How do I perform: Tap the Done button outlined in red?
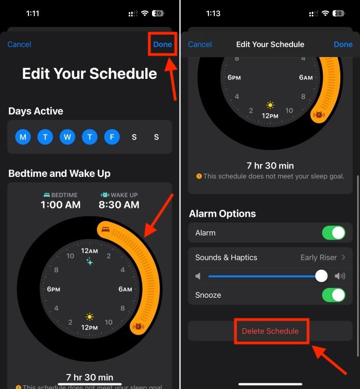[162, 44]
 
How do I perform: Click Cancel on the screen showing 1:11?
[19, 44]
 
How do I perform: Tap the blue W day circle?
[67, 137]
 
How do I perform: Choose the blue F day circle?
[112, 137]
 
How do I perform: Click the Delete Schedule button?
[270, 331]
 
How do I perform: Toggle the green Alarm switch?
[333, 233]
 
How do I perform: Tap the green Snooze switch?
[333, 295]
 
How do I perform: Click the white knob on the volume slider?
[322, 276]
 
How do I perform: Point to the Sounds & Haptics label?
[226, 257]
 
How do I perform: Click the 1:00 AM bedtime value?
[61, 205]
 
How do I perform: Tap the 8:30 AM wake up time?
[119, 205]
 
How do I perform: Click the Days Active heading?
[36, 111]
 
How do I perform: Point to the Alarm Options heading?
[223, 214]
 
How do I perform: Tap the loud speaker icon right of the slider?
[340, 276]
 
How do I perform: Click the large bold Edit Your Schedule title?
[89, 74]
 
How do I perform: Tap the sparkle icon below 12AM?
[90, 261]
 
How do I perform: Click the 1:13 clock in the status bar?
[213, 13]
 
